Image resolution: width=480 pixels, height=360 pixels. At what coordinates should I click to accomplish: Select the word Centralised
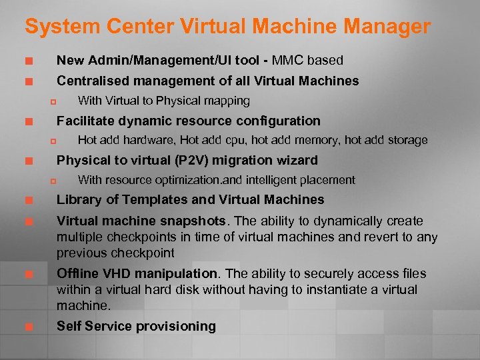point(93,81)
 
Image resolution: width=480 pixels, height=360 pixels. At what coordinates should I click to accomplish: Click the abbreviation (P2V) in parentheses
point(190,160)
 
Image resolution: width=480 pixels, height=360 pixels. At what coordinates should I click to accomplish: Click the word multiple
point(78,237)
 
